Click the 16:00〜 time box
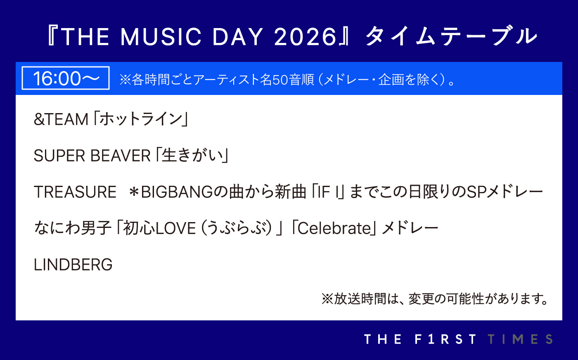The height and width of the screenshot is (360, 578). (66, 78)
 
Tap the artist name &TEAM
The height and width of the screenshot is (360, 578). (61, 119)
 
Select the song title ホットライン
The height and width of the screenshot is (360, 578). (141, 119)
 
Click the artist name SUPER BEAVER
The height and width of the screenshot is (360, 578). (92, 156)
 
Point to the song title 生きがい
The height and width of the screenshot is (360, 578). (192, 155)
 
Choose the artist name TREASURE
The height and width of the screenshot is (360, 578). (75, 192)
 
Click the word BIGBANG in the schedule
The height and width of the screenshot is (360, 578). (177, 192)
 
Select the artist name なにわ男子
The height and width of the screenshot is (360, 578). (73, 228)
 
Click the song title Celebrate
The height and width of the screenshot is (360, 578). (334, 228)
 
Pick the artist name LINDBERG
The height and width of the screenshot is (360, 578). (73, 265)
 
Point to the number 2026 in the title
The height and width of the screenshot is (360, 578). (305, 37)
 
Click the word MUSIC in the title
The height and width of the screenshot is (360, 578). (161, 37)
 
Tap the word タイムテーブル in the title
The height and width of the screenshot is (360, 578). (451, 36)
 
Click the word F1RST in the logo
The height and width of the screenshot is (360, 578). (445, 339)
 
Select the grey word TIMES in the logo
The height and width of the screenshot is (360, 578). (520, 339)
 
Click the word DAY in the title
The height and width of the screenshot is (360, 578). (237, 37)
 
